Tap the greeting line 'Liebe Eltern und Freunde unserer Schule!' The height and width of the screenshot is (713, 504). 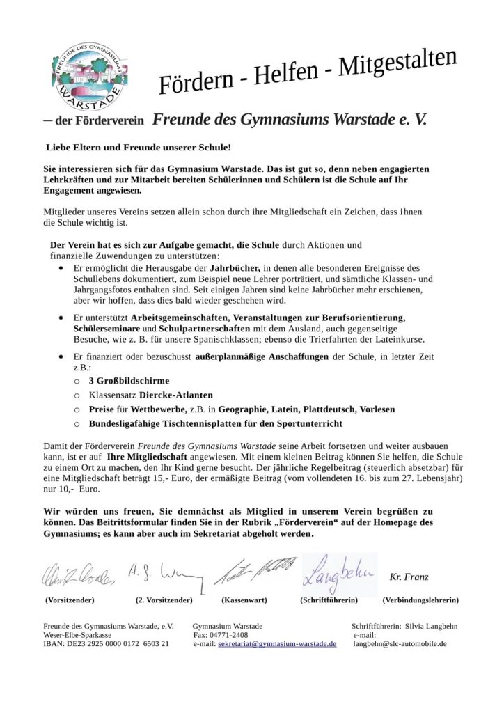138,148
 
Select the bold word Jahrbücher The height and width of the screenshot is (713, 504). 235,267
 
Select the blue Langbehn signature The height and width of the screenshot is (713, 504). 340,574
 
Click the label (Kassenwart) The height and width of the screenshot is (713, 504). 244,600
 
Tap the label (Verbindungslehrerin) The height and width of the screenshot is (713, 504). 420,600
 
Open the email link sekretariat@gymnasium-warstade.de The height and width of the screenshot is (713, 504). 277,644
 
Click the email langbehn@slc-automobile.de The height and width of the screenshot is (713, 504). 400,644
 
